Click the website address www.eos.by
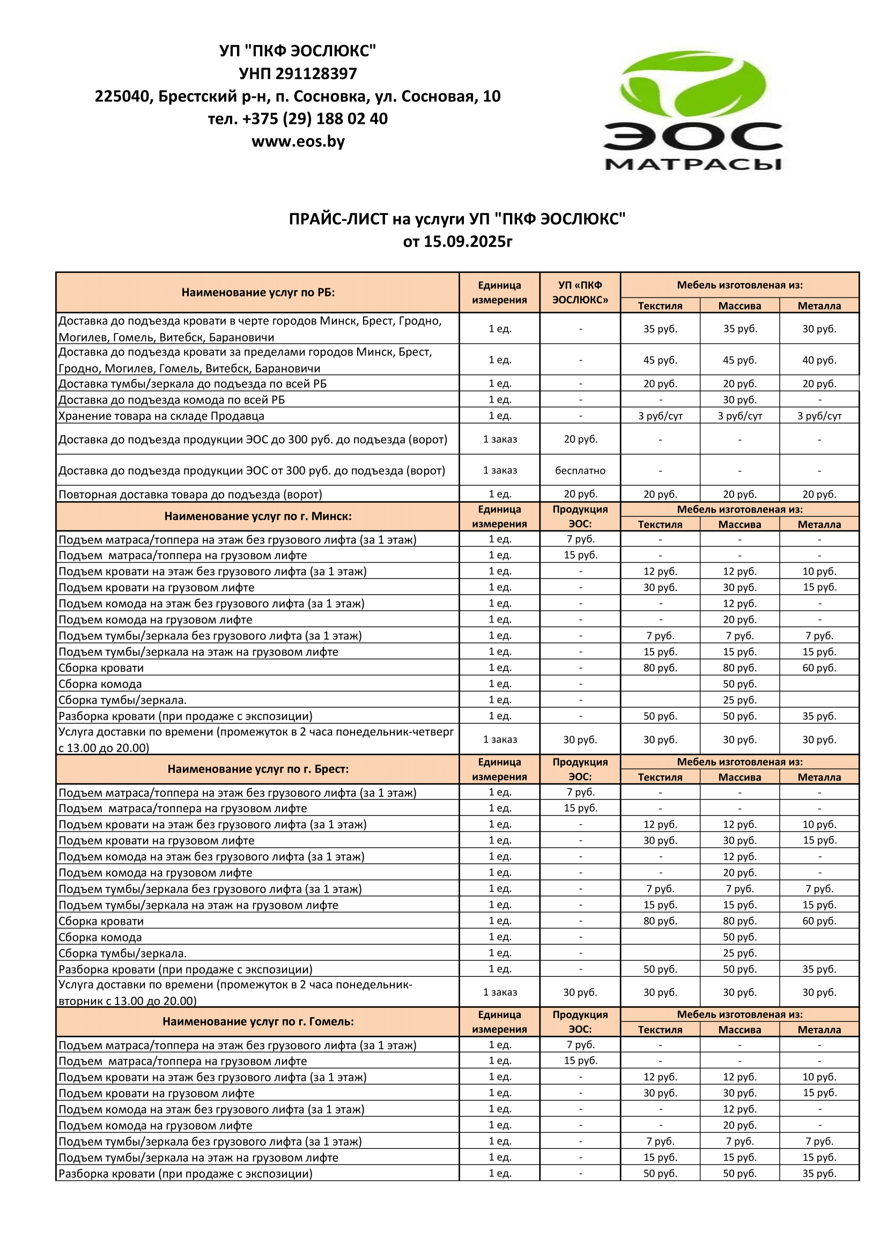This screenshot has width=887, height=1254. [298, 142]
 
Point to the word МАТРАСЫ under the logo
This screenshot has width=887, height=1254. [693, 164]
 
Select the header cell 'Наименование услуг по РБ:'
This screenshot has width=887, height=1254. [258, 292]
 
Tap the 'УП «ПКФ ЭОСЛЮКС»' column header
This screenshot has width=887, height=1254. [580, 292]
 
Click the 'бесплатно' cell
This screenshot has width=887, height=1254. [580, 470]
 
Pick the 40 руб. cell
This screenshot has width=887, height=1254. [819, 360]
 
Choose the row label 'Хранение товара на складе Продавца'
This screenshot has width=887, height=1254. [161, 415]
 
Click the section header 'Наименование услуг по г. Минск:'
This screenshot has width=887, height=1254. [258, 516]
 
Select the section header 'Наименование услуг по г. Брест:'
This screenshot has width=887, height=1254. [258, 769]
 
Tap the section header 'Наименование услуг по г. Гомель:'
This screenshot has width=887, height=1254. [258, 1021]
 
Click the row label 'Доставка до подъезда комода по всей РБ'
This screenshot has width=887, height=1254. [172, 400]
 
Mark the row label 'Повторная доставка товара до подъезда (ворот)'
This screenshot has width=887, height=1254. [190, 494]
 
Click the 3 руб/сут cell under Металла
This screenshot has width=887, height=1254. [819, 415]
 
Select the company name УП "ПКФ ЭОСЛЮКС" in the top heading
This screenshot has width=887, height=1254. [298, 51]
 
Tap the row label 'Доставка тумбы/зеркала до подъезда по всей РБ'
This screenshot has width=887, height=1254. [193, 383]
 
